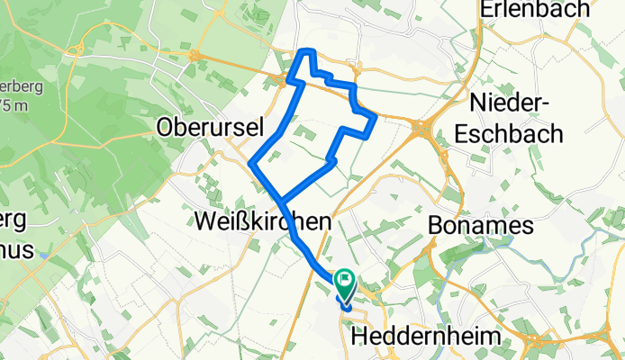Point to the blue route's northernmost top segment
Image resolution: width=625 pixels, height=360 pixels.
tap(307, 51)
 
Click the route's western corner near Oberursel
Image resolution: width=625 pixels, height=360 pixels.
tap(253, 163)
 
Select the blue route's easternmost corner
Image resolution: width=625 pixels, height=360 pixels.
tap(374, 117)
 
